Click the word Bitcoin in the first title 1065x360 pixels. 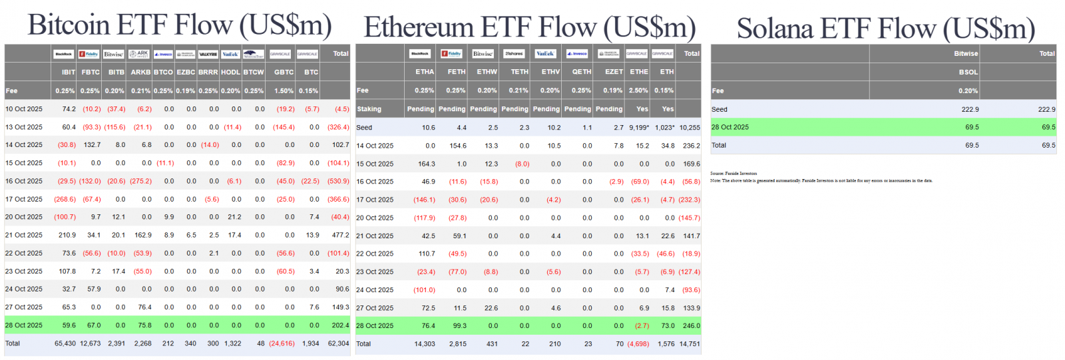pos(69,25)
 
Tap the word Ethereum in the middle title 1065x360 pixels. pos(418,28)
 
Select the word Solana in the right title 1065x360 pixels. pos(775,29)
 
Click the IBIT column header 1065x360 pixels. pos(68,72)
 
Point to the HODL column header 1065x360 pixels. pos(230,72)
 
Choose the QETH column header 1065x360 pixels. pos(581,72)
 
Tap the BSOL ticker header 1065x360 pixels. pos(968,72)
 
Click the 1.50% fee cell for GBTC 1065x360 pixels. pos(284,90)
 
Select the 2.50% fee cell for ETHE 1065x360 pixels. pos(638,90)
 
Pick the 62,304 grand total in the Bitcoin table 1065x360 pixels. pos(338,343)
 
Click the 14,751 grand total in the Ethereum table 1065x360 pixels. pos(689,344)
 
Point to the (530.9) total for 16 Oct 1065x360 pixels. pos(338,181)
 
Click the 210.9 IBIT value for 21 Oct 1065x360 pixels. pos(67,235)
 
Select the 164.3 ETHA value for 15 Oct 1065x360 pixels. pos(426,164)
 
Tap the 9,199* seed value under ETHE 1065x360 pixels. pos(638,127)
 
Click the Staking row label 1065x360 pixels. pos(369,109)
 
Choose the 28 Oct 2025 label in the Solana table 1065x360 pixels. pos(730,127)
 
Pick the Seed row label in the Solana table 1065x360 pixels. pos(719,109)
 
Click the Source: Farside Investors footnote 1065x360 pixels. pos(733,174)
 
